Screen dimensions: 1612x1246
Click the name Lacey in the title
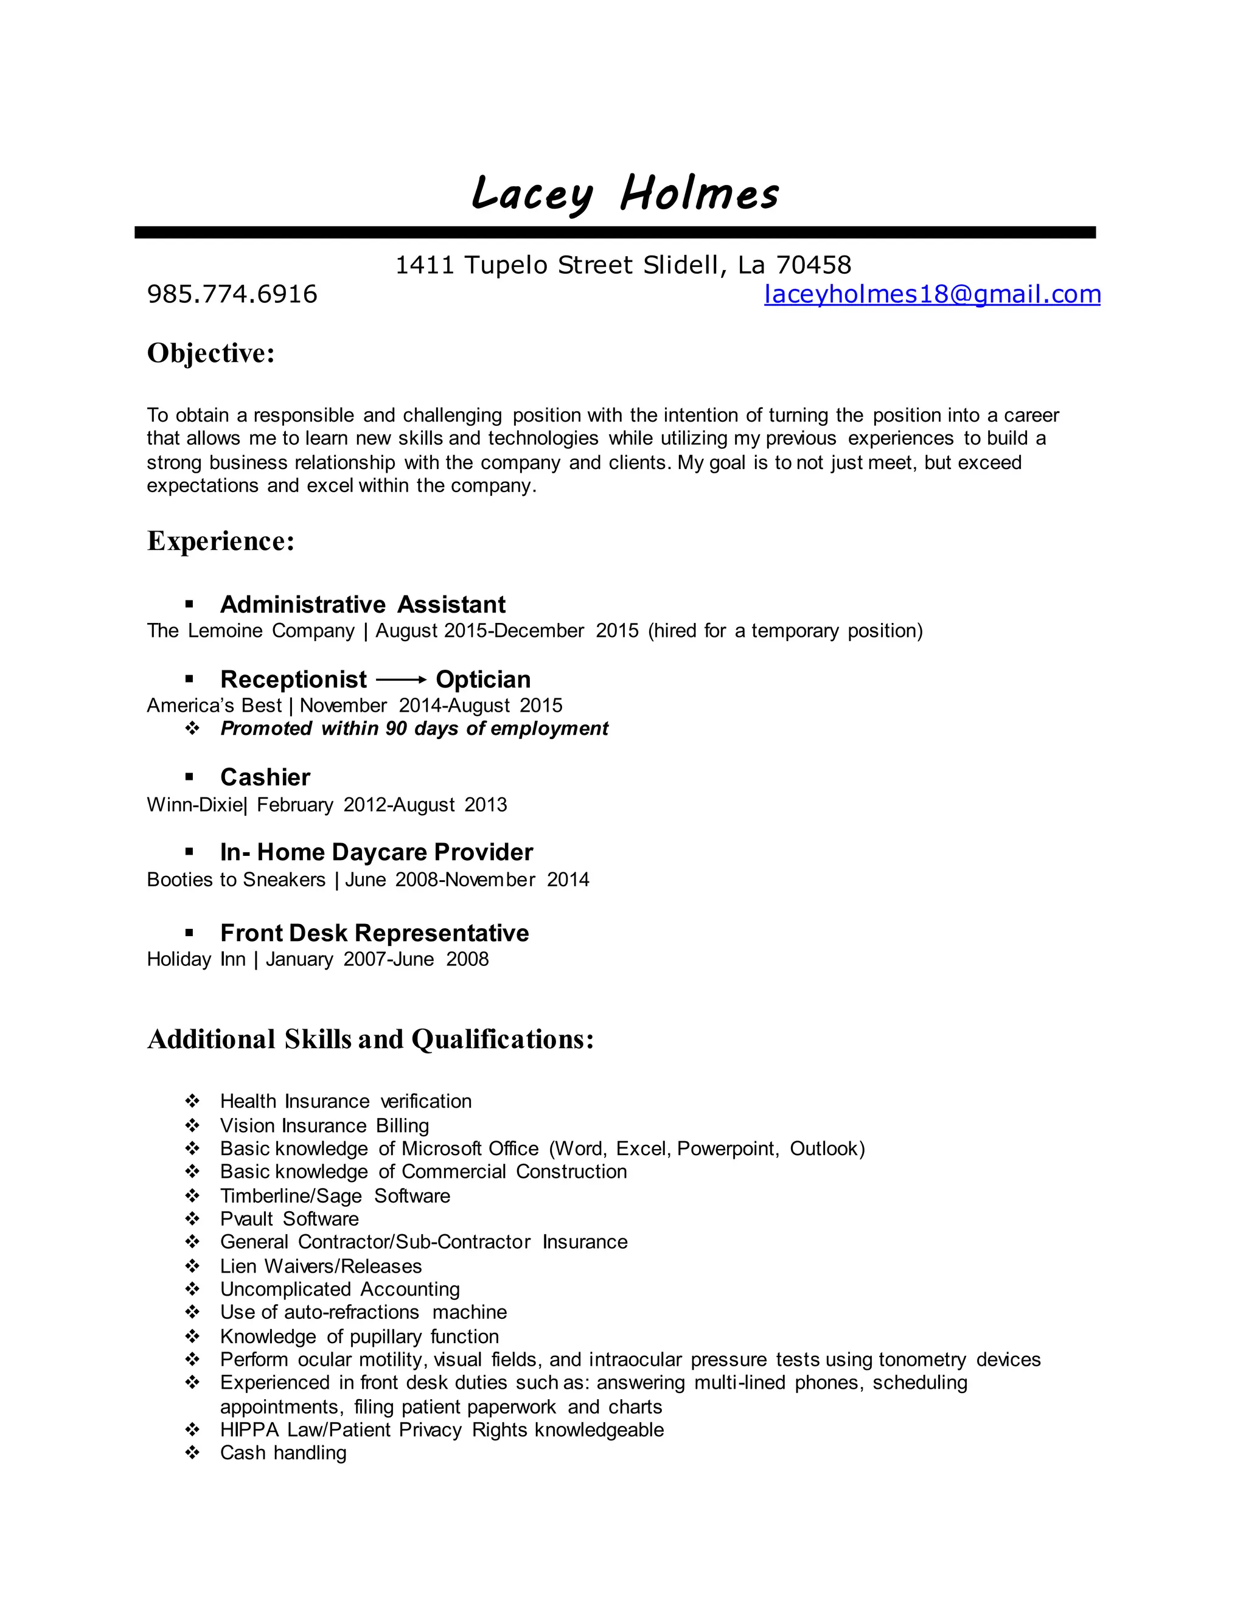coord(532,194)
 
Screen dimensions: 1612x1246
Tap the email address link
coord(931,294)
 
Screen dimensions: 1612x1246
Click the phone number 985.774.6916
coord(232,294)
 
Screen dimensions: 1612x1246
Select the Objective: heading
coord(211,353)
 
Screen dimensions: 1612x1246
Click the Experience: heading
coord(221,540)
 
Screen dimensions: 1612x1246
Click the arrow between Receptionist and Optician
coord(401,679)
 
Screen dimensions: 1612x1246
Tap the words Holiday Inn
coord(196,959)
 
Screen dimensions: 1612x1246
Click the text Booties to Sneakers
coord(235,879)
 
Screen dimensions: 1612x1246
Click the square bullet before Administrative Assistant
coord(189,605)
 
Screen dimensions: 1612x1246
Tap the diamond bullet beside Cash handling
coord(192,1453)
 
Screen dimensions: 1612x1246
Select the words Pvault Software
coord(290,1218)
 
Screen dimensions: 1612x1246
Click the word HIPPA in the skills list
coord(249,1430)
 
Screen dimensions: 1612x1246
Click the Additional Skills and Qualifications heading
coord(371,1039)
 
